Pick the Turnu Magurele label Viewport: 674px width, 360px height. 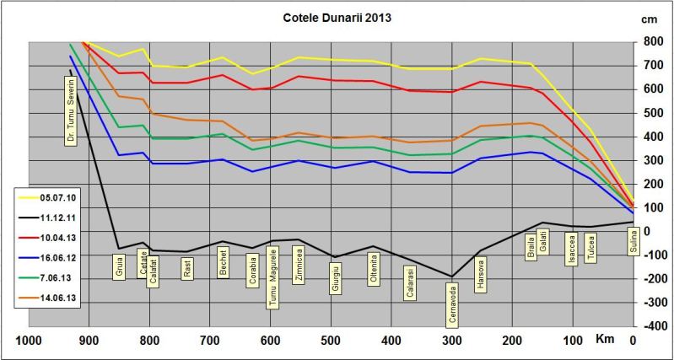point(272,278)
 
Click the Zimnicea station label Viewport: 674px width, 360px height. point(298,265)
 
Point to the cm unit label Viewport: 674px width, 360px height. point(649,18)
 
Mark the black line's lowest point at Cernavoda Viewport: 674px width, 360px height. point(452,277)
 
